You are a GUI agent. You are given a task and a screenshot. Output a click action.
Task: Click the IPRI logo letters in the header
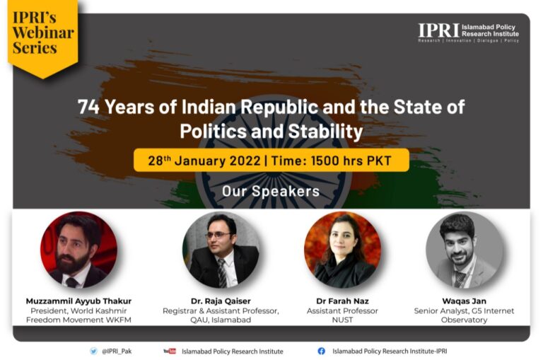coord(438,30)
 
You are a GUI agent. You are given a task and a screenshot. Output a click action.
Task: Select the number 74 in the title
coord(88,107)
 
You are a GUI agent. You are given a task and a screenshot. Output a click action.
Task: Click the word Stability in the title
coord(325,132)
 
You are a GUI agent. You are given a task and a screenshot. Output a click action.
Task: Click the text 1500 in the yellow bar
coord(325,161)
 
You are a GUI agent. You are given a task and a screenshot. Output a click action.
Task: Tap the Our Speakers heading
coord(271,191)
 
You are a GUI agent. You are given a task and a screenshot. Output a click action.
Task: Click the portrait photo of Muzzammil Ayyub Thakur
coord(78,250)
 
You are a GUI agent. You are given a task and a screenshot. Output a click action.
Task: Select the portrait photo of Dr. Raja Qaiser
coord(221,250)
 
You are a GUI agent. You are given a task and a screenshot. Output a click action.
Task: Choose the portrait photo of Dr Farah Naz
coord(342,250)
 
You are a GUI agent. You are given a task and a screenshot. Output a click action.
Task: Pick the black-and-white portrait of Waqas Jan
coord(464,250)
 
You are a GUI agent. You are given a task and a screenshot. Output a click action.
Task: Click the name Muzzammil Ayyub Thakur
coord(78,301)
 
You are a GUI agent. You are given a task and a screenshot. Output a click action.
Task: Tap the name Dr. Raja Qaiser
coord(221,301)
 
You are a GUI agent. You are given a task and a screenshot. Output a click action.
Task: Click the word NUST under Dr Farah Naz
coord(342,320)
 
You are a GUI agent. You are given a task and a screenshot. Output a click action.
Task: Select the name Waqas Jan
coord(464,301)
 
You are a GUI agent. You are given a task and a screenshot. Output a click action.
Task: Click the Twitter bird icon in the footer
coord(93,351)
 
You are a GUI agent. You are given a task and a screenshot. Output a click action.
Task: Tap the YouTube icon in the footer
coord(170,351)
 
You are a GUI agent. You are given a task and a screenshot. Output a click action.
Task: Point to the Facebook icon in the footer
coord(322,351)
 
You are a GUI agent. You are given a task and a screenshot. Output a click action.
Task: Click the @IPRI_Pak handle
coord(117,352)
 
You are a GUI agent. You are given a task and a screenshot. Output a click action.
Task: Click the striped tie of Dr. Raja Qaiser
coord(221,273)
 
